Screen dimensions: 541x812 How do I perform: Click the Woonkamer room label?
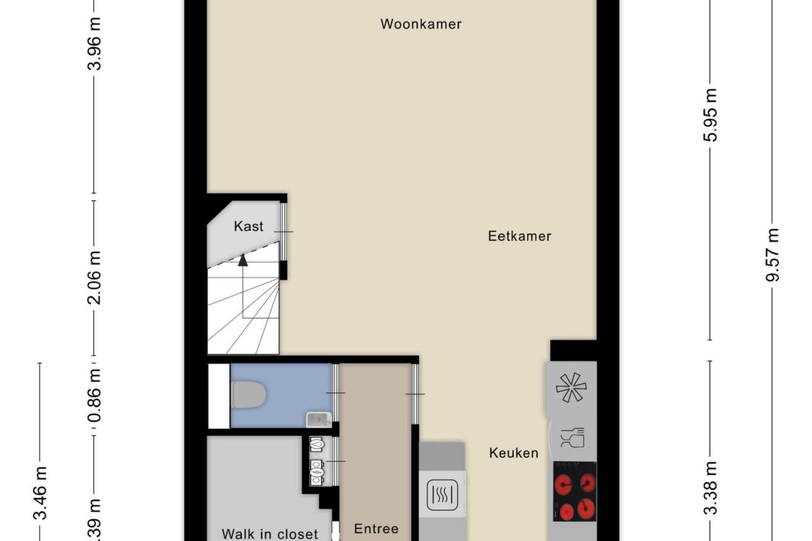coord(421,25)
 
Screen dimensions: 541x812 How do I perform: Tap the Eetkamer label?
coord(519,236)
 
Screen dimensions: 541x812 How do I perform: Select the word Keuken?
coord(513,453)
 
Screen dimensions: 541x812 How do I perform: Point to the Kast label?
coord(248,226)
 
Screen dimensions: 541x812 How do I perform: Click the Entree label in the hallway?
coord(376,529)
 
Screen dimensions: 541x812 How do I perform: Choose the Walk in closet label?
coord(270,534)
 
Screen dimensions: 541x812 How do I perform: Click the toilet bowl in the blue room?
coord(249,395)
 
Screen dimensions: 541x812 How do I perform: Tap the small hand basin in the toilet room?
coord(319,419)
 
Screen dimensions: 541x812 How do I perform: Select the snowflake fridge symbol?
coord(570,388)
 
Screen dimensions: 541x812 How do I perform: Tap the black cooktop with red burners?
coord(574,491)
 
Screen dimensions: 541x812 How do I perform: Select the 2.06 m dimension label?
coord(97,277)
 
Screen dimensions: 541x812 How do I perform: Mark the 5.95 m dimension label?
coord(711,114)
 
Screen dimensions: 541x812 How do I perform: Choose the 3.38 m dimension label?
coord(711,488)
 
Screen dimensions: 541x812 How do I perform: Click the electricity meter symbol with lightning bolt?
coord(317,472)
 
